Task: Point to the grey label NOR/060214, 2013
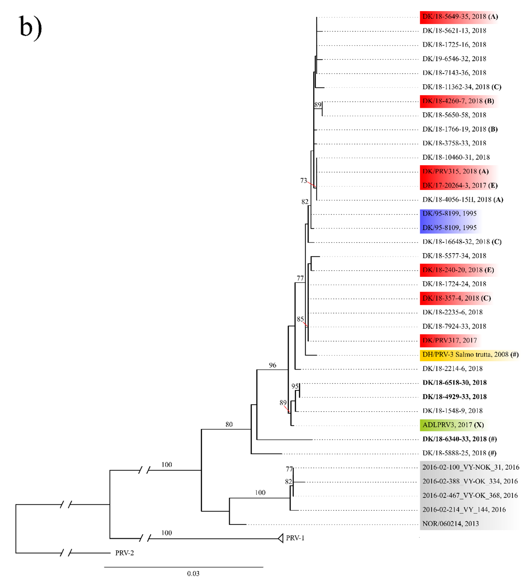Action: [x=450, y=524]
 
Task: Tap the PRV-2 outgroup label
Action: [x=125, y=553]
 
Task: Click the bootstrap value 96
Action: [x=272, y=365]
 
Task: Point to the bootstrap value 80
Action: [x=229, y=425]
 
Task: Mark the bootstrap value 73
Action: [x=303, y=181]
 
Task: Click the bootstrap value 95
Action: [x=295, y=386]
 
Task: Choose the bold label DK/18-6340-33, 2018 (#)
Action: [x=459, y=439]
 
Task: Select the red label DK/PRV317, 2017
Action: [x=449, y=340]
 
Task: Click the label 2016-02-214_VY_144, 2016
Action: [x=464, y=510]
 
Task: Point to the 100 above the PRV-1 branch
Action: [x=167, y=533]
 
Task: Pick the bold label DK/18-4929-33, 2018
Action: [x=454, y=397]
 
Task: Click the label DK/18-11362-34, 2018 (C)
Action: [x=461, y=87]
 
